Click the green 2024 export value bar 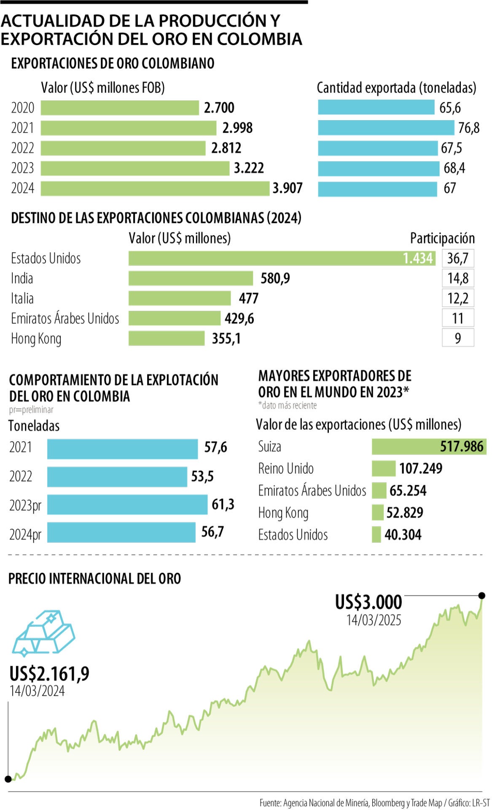pyautogui.click(x=155, y=188)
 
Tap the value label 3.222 pyautogui.click(x=249, y=168)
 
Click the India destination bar pyautogui.click(x=191, y=278)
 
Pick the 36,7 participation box pyautogui.click(x=458, y=258)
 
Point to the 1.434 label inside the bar pyautogui.click(x=417, y=258)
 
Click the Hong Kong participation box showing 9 pyautogui.click(x=458, y=338)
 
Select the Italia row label pyautogui.click(x=22, y=298)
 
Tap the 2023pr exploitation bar pyautogui.click(x=127, y=505)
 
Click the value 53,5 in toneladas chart pyautogui.click(x=202, y=476)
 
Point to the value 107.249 pyautogui.click(x=421, y=468)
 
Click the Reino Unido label pyautogui.click(x=286, y=468)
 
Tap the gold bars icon pyautogui.click(x=44, y=633)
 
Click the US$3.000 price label pyautogui.click(x=368, y=602)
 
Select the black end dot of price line pyautogui.click(x=482, y=596)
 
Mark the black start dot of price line pyautogui.click(x=8, y=779)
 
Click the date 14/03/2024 pyautogui.click(x=37, y=691)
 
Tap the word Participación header pyautogui.click(x=442, y=238)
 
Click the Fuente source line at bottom pyautogui.click(x=374, y=803)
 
